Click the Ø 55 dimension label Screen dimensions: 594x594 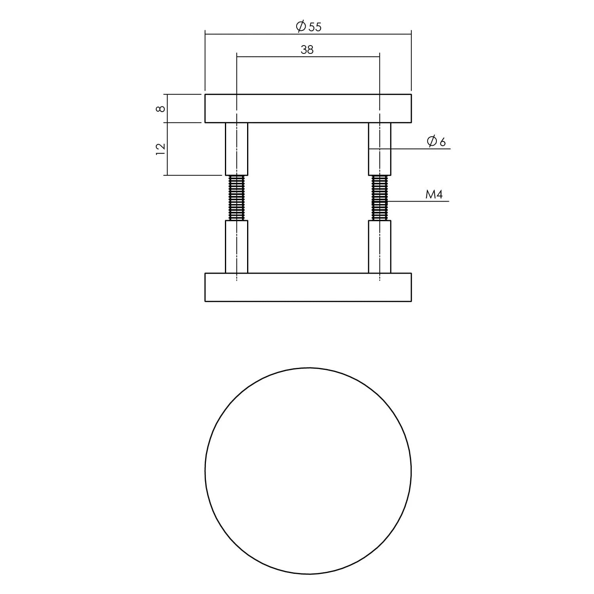pyautogui.click(x=308, y=27)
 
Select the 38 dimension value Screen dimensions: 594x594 pyautogui.click(x=307, y=49)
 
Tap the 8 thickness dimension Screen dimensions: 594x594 pyautogui.click(x=161, y=109)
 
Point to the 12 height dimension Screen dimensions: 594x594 pyautogui.click(x=160, y=149)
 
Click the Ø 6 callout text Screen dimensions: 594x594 pyautogui.click(x=436, y=141)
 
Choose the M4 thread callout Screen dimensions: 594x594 pyautogui.click(x=434, y=194)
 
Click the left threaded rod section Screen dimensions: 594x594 pyautogui.click(x=236, y=198)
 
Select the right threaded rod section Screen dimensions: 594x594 pyautogui.click(x=379, y=198)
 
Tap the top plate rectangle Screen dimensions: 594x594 pyautogui.click(x=308, y=109)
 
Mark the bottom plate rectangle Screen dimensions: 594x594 pyautogui.click(x=308, y=287)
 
